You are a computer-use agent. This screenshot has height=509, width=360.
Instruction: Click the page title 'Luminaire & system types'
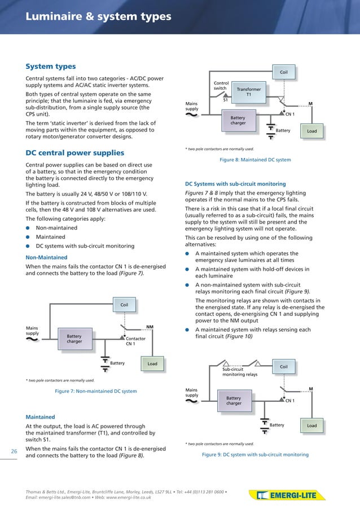[98, 17]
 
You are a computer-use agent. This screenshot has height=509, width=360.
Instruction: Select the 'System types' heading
[51, 67]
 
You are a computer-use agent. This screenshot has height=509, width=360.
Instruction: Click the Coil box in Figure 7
[124, 305]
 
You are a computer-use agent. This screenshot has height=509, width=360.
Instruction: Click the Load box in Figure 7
[152, 364]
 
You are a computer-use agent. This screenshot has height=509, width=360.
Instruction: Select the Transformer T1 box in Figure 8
[248, 92]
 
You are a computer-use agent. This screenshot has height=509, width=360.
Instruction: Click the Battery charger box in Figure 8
[238, 121]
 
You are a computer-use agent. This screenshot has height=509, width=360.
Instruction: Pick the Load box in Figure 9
[311, 425]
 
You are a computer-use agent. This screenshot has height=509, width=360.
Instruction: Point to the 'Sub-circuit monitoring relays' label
[240, 372]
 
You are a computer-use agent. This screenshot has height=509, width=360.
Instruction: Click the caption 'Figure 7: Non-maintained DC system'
[95, 391]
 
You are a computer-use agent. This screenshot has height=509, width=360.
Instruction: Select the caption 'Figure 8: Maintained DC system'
[255, 160]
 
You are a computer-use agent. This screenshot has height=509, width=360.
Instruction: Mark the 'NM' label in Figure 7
[150, 327]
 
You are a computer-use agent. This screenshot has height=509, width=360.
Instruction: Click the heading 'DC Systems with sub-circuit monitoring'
[235, 184]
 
